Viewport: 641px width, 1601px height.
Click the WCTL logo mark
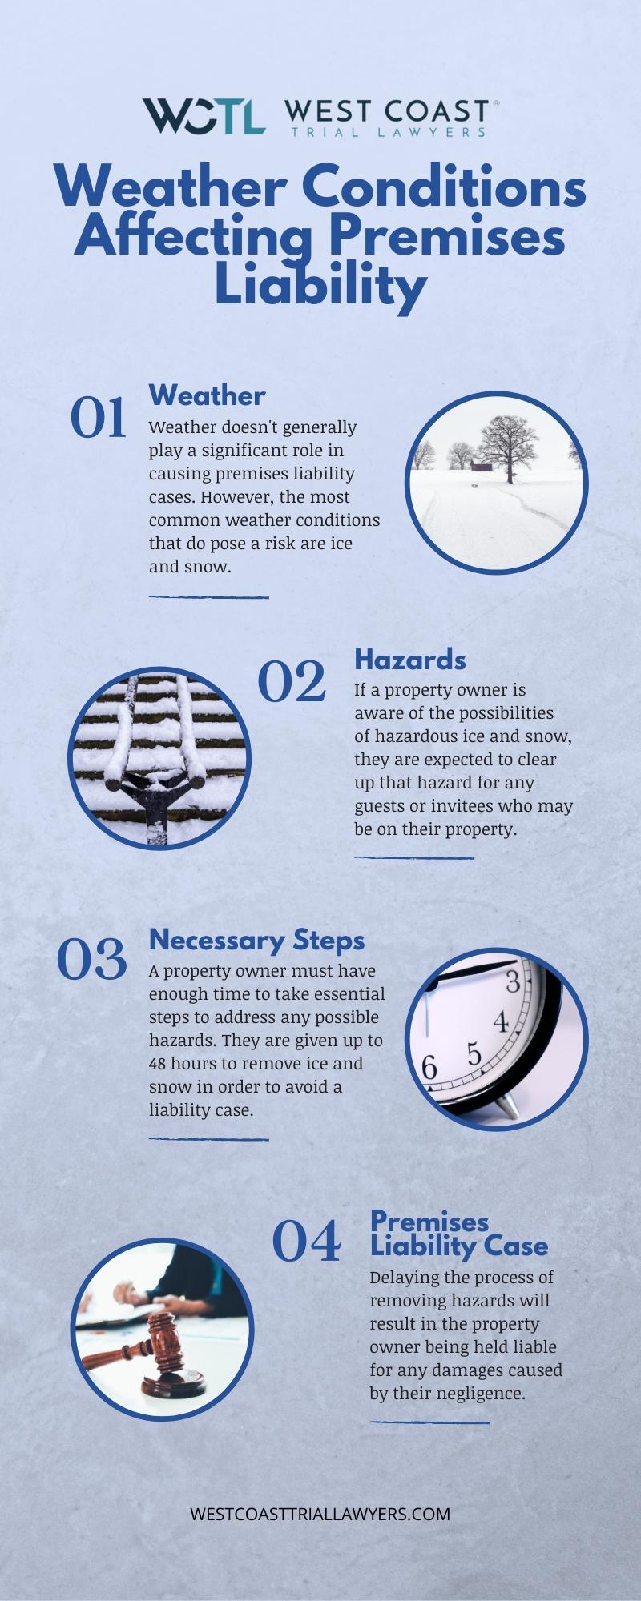tap(204, 117)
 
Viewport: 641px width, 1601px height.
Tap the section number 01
tap(99, 418)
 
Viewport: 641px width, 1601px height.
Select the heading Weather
tap(207, 395)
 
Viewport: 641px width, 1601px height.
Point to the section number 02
tap(292, 682)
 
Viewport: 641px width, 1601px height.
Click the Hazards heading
tap(410, 660)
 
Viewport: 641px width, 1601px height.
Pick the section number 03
tap(92, 960)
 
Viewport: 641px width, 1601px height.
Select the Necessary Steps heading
tap(256, 941)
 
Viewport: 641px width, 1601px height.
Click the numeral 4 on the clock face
tap(501, 1022)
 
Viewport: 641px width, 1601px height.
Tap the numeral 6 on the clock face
tap(429, 1068)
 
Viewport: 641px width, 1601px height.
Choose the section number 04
tap(306, 1242)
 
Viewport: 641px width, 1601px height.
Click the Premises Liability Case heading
tap(458, 1234)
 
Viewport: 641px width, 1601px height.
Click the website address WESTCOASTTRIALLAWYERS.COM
tap(320, 1514)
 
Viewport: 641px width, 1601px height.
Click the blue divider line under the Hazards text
tap(414, 857)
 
